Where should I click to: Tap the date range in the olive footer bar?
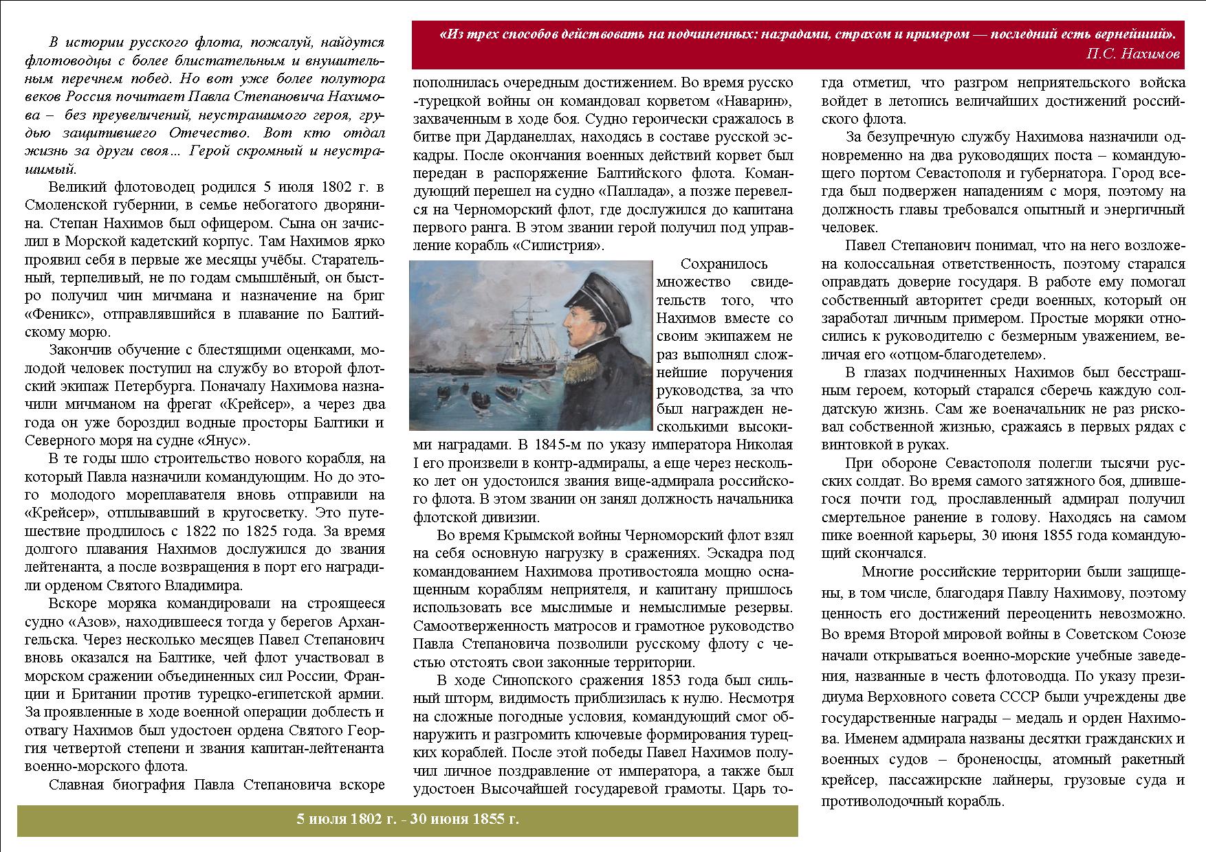pyautogui.click(x=408, y=819)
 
